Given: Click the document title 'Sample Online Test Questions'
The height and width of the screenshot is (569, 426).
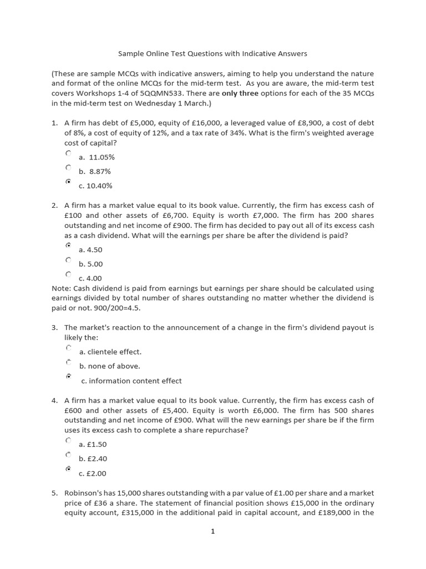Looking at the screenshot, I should pyautogui.click(x=212, y=54).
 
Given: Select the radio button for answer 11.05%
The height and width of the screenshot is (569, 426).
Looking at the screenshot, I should pyautogui.click(x=68, y=153).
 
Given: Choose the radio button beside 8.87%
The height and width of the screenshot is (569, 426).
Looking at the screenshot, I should pyautogui.click(x=68, y=167).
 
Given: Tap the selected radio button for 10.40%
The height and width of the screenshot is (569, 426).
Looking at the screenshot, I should pyautogui.click(x=68, y=182).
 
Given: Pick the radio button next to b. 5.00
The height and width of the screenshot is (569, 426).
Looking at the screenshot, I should pyautogui.click(x=68, y=259).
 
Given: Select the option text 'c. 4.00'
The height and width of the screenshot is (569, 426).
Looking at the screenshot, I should pyautogui.click(x=90, y=278).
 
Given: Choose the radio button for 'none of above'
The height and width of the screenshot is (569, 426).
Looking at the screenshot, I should pyautogui.click(x=68, y=362).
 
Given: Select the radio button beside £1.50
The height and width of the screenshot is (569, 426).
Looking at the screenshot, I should pyautogui.click(x=68, y=440).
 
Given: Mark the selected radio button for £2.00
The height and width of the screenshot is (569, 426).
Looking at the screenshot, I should pyautogui.click(x=68, y=469).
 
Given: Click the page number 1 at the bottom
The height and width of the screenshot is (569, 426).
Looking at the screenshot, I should pyautogui.click(x=212, y=531).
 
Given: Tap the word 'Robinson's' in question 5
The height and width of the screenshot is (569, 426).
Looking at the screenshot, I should pyautogui.click(x=84, y=493).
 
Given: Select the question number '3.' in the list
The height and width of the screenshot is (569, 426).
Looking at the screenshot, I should pyautogui.click(x=55, y=328).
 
